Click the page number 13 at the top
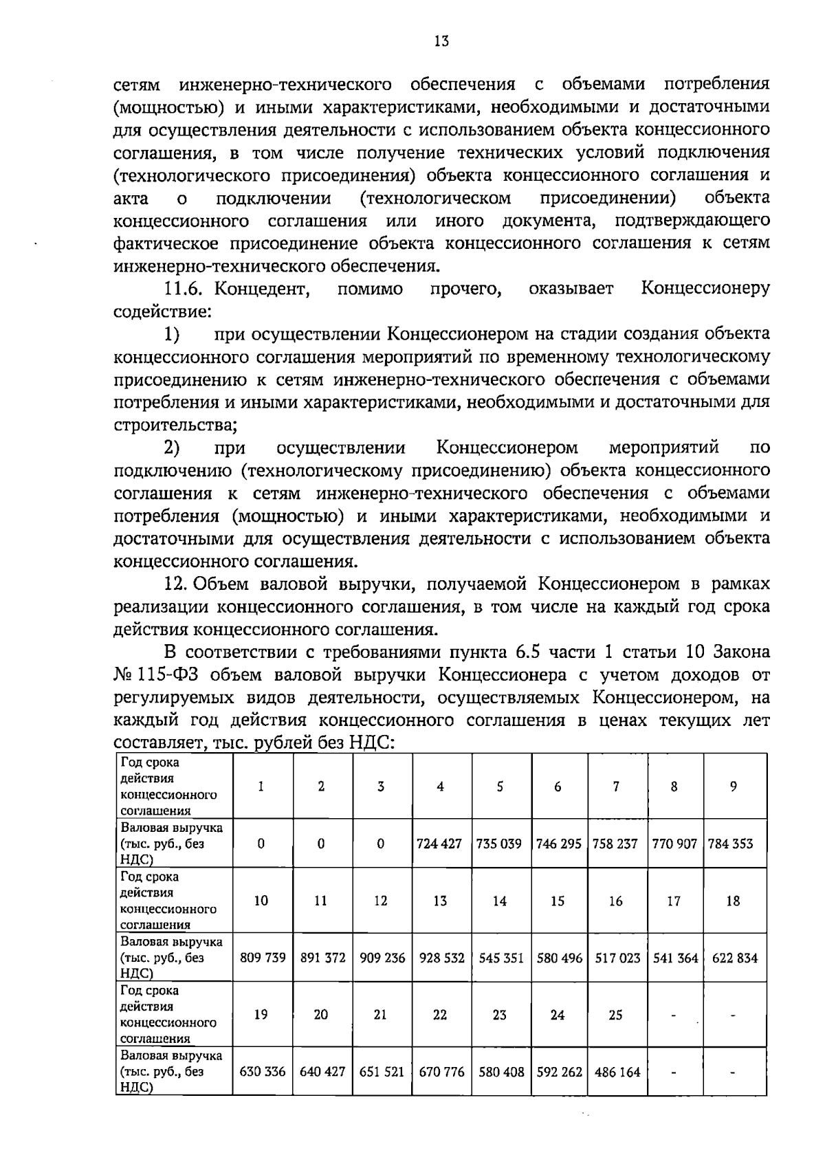[x=441, y=41]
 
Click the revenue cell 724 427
[x=440, y=844]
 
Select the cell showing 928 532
[x=440, y=958]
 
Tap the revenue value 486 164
[x=616, y=1072]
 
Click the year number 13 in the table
[x=440, y=901]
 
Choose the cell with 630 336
[x=262, y=1072]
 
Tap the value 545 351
[x=500, y=958]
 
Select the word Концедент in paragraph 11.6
[x=258, y=289]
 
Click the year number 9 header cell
[x=734, y=786]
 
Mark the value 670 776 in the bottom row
[x=440, y=1072]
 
